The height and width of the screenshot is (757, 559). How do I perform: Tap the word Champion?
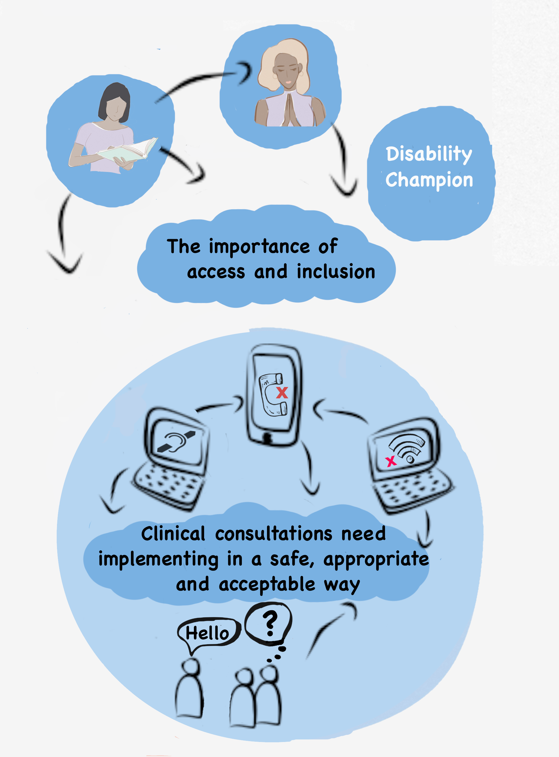(429, 180)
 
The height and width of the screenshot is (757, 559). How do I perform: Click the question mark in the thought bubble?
(270, 623)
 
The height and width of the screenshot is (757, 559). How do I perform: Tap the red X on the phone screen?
(282, 393)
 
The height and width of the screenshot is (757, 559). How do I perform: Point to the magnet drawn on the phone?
(272, 395)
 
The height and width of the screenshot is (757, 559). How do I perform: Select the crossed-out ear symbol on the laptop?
(176, 442)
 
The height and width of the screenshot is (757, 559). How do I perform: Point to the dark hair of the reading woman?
(113, 96)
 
